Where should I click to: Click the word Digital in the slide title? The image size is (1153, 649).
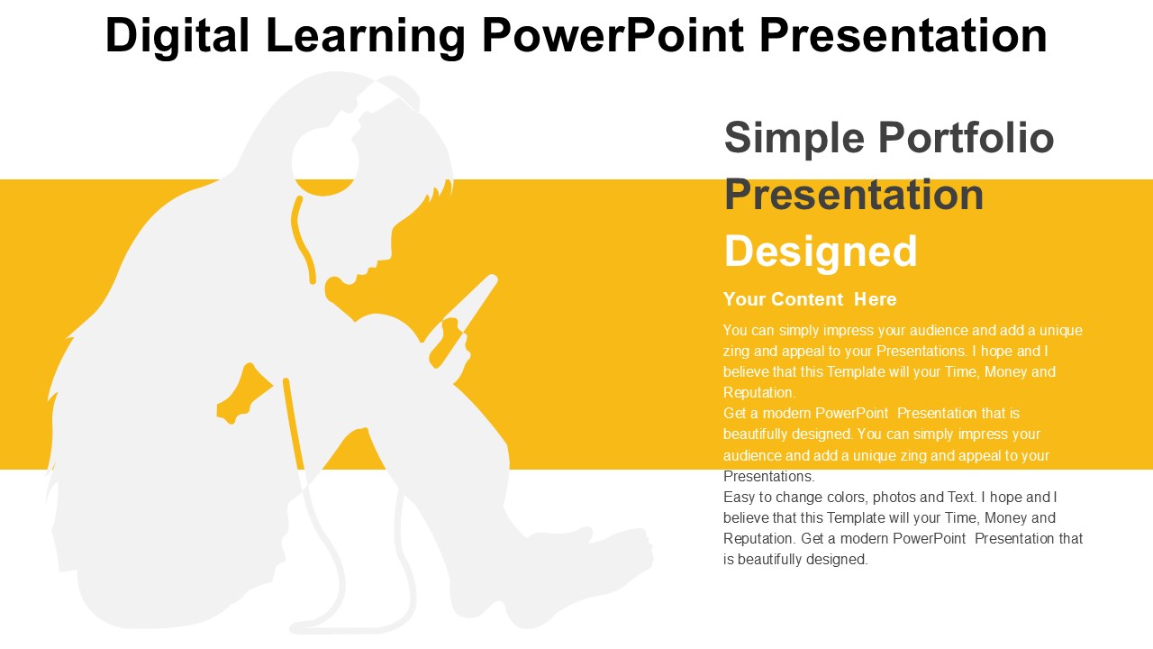point(177,36)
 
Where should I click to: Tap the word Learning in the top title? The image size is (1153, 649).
point(366,36)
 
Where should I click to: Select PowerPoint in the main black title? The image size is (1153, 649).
point(613,35)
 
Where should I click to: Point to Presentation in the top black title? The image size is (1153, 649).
point(903,35)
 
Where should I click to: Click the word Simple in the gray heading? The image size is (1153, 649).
point(794,139)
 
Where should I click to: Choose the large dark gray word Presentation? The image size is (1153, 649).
point(854,194)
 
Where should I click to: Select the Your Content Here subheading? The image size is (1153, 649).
point(810,299)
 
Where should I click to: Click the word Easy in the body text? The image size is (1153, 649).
point(740,498)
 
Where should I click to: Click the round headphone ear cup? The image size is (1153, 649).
point(324,160)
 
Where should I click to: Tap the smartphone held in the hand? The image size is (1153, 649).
point(463,319)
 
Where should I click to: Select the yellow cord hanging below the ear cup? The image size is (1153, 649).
point(303,240)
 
